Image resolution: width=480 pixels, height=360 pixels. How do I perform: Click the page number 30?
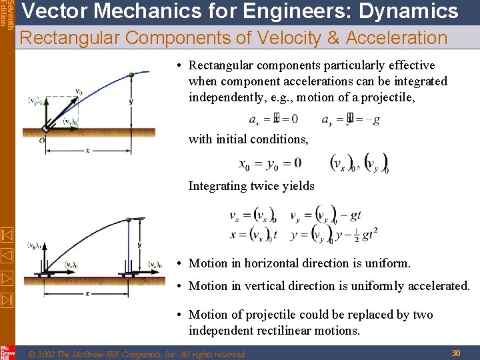457,352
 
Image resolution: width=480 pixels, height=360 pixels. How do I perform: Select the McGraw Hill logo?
7,351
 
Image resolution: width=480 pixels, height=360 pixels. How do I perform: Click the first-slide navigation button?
7,235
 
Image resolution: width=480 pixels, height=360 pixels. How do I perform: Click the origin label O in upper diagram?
41,140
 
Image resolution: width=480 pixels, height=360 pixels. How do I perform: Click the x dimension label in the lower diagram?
87,293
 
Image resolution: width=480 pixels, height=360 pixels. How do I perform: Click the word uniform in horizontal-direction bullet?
386,263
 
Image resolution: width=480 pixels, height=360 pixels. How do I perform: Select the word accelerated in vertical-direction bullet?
437,286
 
